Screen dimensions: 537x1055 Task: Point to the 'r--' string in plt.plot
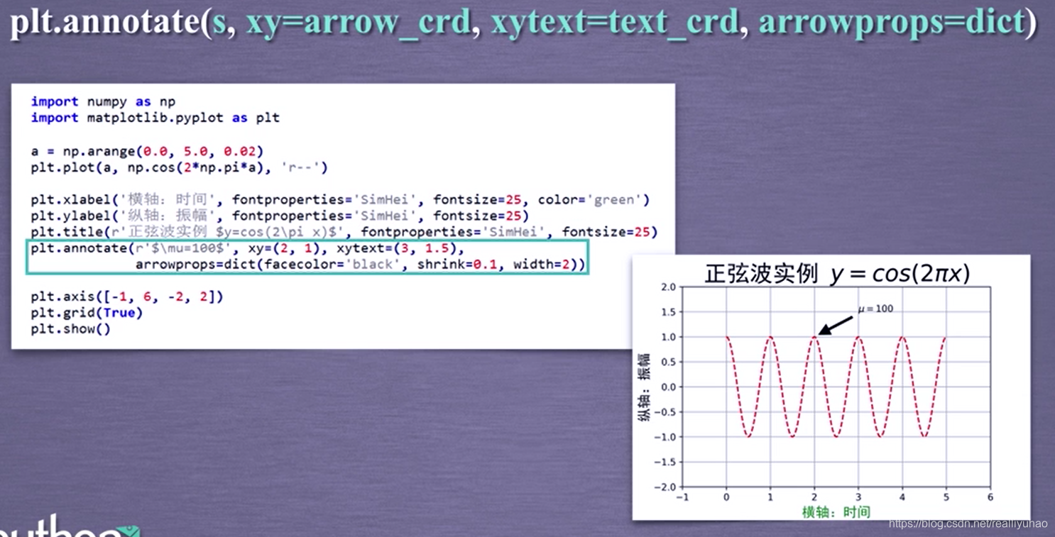pos(304,168)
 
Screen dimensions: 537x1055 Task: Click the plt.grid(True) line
pos(86,313)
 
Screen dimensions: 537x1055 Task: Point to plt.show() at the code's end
pos(70,329)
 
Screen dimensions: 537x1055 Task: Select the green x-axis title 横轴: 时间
pos(836,512)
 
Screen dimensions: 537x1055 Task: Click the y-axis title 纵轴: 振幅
pos(644,387)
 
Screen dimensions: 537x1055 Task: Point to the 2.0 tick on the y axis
pos(668,287)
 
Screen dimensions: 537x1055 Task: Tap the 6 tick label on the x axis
pos(990,497)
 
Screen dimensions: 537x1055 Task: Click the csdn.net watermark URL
pos(968,524)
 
